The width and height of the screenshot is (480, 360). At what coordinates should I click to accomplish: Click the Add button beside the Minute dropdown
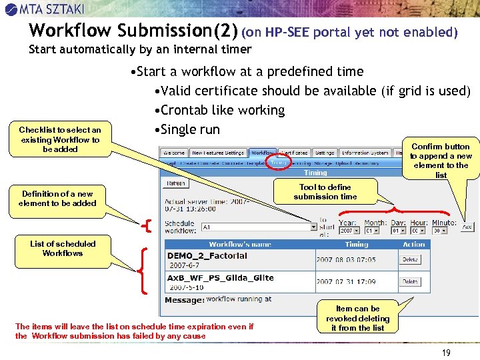click(467, 227)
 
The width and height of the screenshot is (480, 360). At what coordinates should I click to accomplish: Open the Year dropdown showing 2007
click(348, 230)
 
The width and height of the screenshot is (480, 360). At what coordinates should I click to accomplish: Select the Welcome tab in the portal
click(174, 153)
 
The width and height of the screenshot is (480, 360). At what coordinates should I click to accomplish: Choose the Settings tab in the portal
click(325, 153)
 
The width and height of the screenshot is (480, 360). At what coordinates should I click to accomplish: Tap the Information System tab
click(365, 153)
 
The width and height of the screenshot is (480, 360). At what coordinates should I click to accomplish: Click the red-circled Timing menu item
click(279, 162)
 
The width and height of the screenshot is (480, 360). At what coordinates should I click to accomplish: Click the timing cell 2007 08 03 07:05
click(346, 260)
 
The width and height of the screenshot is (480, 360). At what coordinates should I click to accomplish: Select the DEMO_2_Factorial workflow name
click(207, 256)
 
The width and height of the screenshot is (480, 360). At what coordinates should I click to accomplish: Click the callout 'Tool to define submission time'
click(325, 192)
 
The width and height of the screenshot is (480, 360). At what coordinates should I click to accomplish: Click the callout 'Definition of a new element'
click(57, 199)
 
